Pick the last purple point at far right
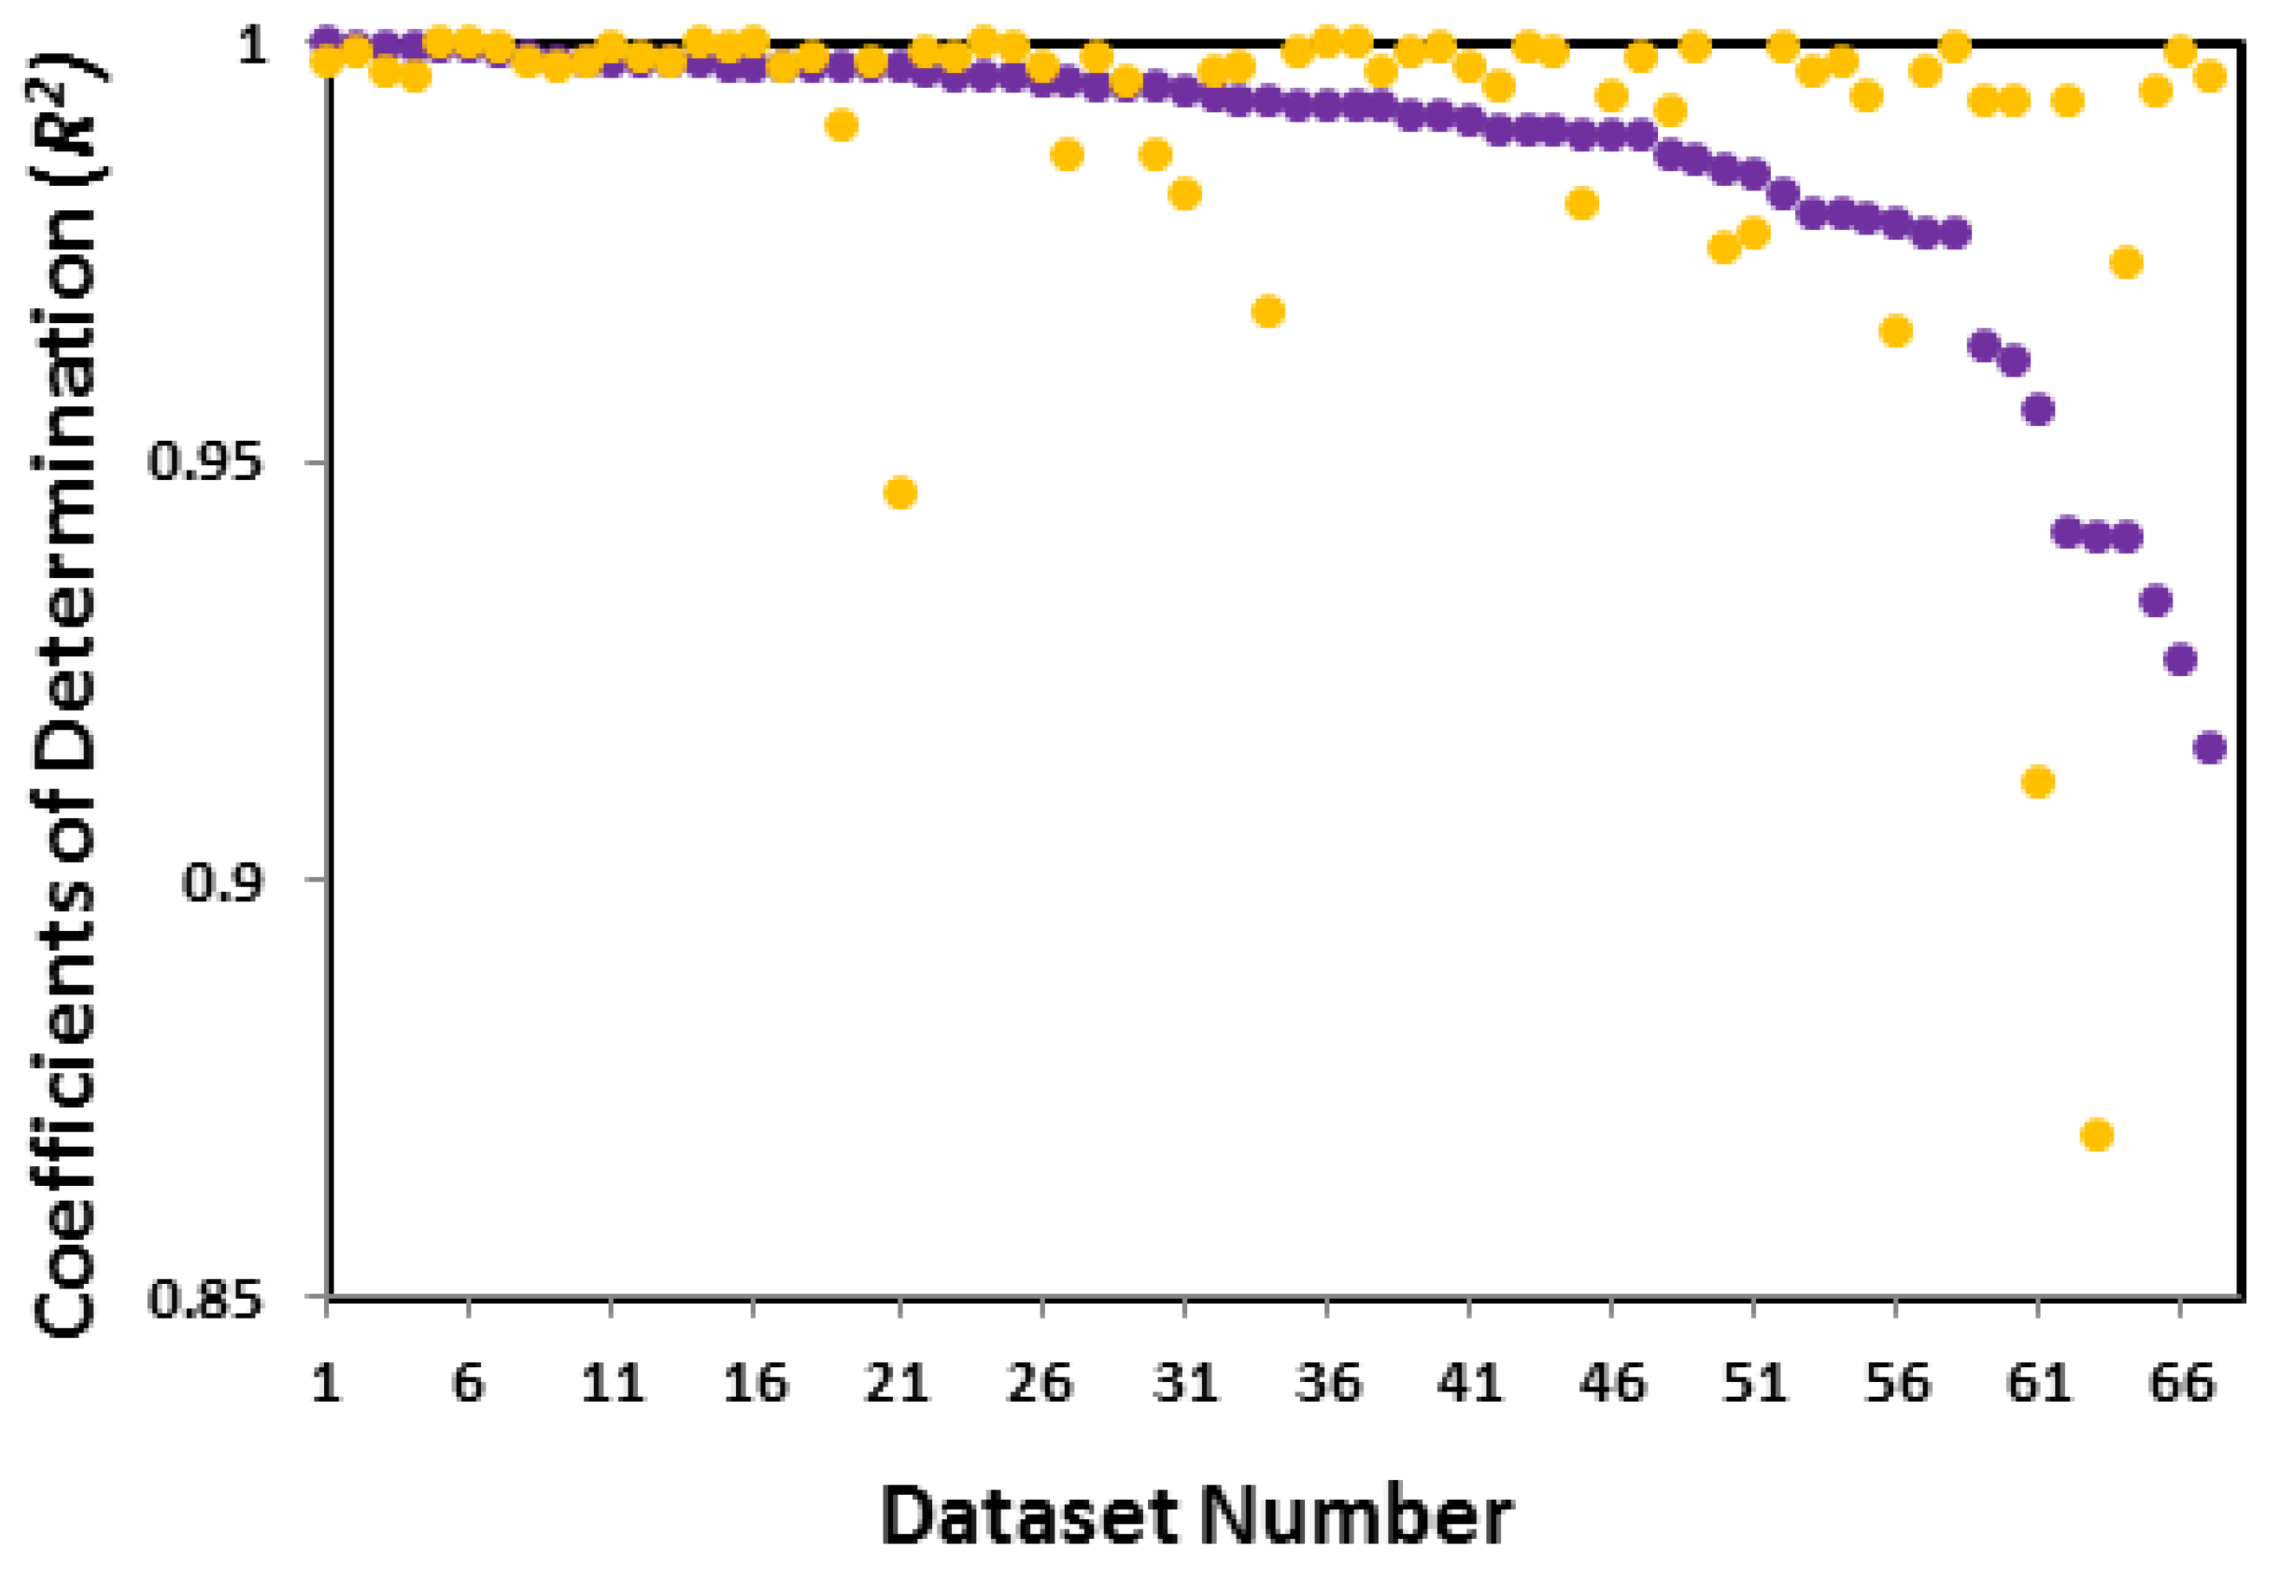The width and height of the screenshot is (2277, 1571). (x=2210, y=748)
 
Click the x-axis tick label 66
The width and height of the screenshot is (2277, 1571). (x=2180, y=1382)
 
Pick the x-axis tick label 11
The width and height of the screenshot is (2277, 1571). (x=611, y=1382)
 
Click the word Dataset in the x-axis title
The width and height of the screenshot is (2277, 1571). (x=1029, y=1517)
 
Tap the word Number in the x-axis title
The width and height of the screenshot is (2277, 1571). (x=1354, y=1517)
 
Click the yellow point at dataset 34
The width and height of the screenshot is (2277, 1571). (x=1268, y=312)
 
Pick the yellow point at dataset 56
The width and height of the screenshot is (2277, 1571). (x=1895, y=331)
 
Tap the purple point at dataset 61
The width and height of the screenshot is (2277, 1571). (x=2038, y=409)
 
